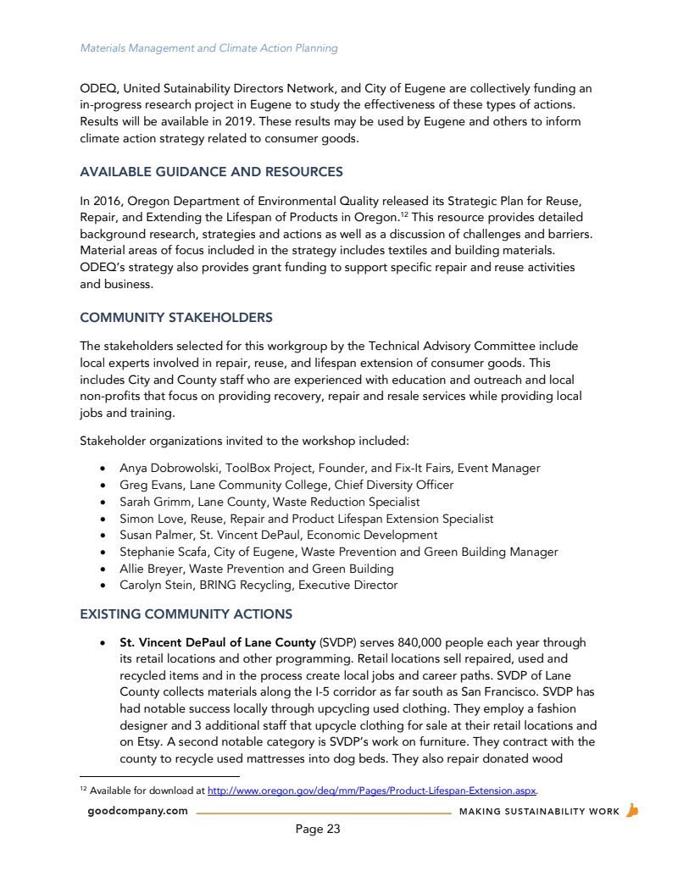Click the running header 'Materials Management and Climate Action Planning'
[208, 48]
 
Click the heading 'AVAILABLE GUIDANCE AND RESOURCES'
[211, 172]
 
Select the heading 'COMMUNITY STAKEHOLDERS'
[176, 318]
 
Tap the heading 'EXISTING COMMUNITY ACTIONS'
[186, 613]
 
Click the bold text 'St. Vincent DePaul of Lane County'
[218, 642]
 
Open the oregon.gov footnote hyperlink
[372, 791]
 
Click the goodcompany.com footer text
[137, 811]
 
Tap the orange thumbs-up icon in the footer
[631, 810]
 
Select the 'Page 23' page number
[318, 829]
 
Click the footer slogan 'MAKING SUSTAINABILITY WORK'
[539, 812]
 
